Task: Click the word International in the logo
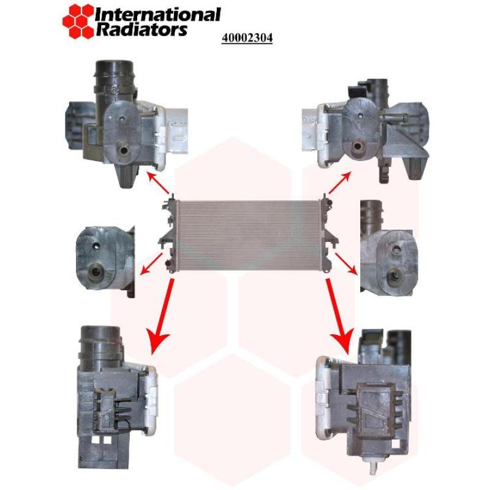pyautogui.click(x=158, y=14)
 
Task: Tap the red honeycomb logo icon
pyautogui.click(x=78, y=20)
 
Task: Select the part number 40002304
pyautogui.click(x=247, y=38)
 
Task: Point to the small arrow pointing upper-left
pyautogui.click(x=160, y=183)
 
